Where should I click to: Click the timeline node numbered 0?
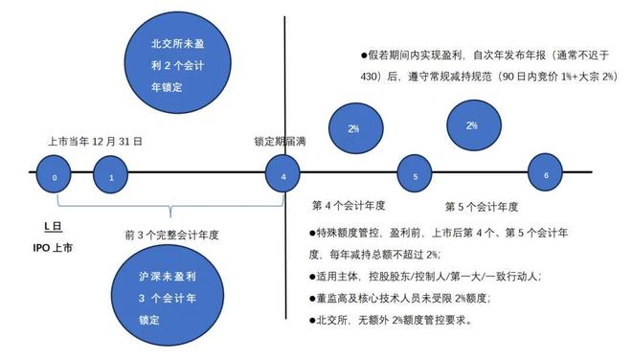(x=55, y=177)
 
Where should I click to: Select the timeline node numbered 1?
(x=111, y=177)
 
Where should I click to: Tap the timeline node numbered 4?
(x=282, y=176)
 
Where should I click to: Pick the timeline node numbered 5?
(x=415, y=176)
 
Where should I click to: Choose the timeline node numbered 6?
(x=545, y=175)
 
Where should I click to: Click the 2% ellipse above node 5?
(x=353, y=128)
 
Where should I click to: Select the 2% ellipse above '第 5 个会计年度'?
(x=471, y=125)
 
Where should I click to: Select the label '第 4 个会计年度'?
(x=349, y=205)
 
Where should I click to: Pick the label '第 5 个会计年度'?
(x=482, y=206)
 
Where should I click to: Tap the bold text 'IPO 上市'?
(x=54, y=248)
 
